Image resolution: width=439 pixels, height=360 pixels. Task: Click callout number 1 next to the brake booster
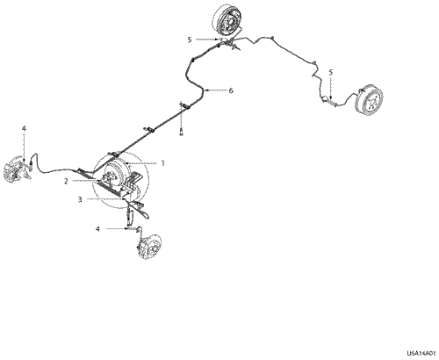coord(163,163)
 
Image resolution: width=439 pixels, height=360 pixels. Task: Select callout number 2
coord(66,182)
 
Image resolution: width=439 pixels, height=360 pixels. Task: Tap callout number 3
coord(80,199)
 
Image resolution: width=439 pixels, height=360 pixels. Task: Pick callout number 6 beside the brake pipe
coord(231,90)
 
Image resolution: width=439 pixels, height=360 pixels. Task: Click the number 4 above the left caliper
coord(24,128)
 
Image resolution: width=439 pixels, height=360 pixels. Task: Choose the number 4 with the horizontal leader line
coord(97,229)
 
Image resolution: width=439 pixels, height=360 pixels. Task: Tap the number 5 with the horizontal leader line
coord(190,40)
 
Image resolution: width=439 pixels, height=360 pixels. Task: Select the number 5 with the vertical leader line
coord(331,72)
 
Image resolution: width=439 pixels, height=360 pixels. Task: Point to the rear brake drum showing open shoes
coord(228,20)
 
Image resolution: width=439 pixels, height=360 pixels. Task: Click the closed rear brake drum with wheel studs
coord(369,99)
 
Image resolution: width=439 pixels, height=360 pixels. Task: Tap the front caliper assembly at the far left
coord(17,169)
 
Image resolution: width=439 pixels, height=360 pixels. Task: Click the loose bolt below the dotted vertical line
coord(181,133)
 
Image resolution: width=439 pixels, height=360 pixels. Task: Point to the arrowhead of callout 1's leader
coord(126,162)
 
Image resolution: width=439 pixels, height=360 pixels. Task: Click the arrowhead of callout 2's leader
coord(97,182)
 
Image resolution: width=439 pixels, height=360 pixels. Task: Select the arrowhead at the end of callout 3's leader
coord(124,199)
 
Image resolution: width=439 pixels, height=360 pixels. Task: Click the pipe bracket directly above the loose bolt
coord(184,106)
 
